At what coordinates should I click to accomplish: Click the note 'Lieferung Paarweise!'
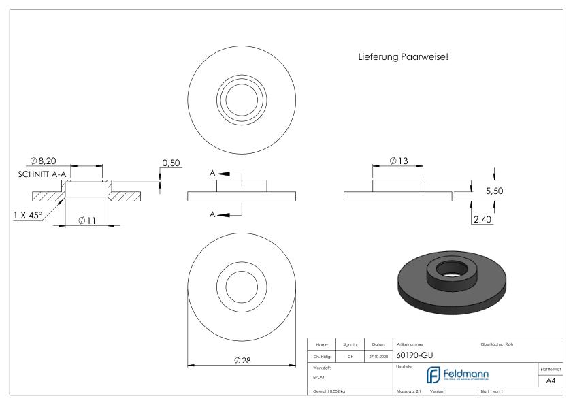click(x=403, y=57)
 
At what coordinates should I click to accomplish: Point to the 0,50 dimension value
click(x=170, y=163)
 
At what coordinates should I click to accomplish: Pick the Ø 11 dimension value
click(x=87, y=221)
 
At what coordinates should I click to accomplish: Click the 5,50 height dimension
click(x=494, y=193)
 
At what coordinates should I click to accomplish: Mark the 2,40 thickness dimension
click(x=480, y=219)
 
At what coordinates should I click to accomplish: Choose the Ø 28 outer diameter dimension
click(x=243, y=361)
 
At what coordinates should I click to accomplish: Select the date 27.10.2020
click(x=378, y=355)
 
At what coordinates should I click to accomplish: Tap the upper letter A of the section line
click(x=212, y=174)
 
